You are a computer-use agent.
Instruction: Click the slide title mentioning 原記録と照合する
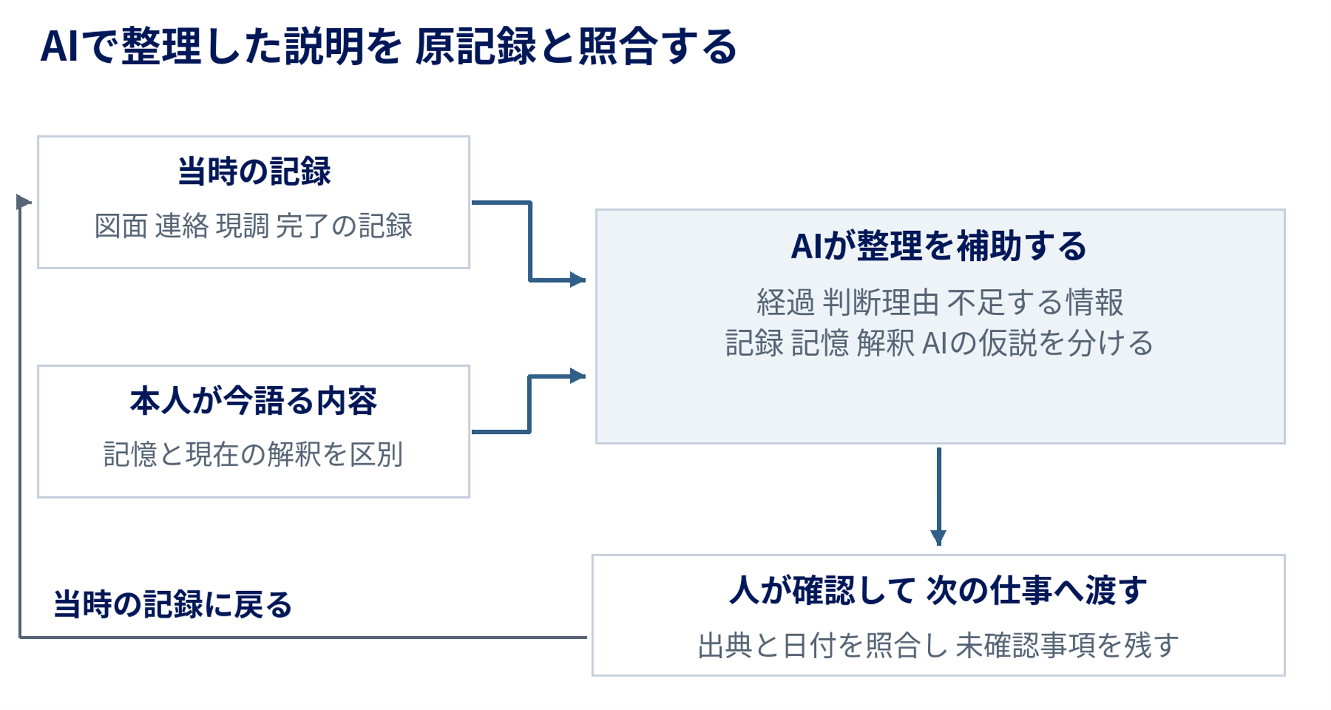[x=389, y=46]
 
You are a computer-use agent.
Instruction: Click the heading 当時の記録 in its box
[x=254, y=171]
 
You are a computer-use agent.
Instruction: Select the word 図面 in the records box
[x=121, y=226]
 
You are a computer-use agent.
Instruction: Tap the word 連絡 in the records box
[x=182, y=226]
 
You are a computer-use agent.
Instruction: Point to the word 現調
[x=242, y=226]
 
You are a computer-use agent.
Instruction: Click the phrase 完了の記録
[x=344, y=226]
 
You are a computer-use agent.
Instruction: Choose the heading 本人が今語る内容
[x=253, y=400]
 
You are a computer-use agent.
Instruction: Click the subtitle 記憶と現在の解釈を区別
[x=253, y=454]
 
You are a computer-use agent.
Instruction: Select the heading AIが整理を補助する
[x=938, y=246]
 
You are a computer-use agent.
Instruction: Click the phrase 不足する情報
[x=1035, y=302]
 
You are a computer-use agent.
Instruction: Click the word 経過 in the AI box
[x=785, y=302]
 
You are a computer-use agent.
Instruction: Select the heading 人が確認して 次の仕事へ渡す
[x=938, y=590]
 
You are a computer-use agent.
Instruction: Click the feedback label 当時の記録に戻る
[x=173, y=604]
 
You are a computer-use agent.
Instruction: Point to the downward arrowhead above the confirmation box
[x=939, y=538]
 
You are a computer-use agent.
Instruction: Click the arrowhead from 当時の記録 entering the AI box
[x=578, y=279]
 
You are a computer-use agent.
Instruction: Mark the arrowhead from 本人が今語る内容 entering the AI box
[x=578, y=375]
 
